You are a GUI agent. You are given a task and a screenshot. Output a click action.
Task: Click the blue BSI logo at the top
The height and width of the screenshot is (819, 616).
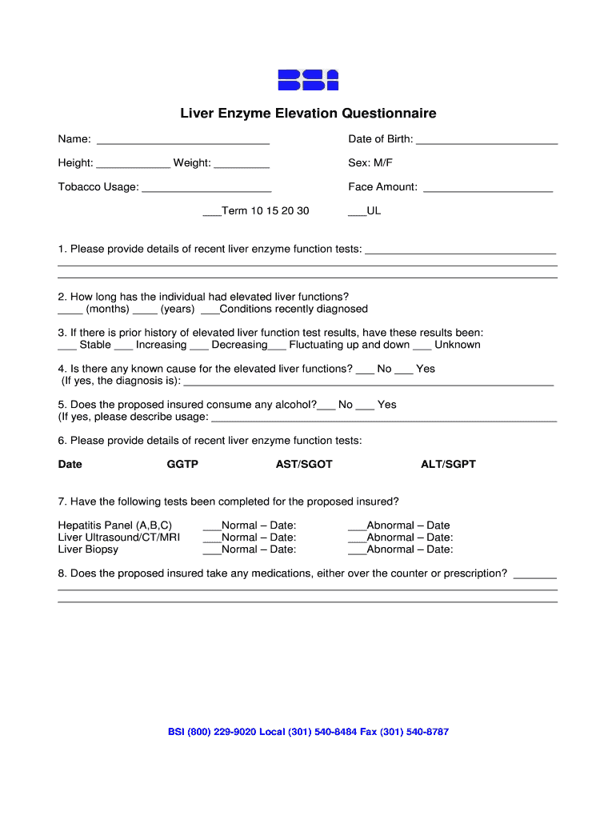308,80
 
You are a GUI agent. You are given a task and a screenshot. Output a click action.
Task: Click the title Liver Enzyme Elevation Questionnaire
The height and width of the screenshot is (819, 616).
308,114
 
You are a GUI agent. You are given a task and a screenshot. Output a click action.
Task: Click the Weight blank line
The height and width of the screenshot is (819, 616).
242,166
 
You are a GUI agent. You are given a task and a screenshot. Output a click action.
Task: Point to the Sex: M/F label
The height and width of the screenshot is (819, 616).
370,163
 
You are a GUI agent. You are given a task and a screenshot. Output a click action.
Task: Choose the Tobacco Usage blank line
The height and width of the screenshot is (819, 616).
206,190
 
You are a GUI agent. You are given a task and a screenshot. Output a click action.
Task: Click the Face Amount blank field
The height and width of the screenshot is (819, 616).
487,190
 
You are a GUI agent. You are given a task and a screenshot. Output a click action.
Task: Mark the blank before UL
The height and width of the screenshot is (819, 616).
357,214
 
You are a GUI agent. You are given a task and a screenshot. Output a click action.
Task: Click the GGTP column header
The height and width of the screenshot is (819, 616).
182,465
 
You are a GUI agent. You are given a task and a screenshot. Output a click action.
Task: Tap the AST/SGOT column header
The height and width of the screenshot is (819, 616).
304,465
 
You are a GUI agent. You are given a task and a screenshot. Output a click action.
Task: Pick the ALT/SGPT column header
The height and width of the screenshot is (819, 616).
448,465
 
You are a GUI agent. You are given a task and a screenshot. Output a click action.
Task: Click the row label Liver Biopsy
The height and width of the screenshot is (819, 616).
88,549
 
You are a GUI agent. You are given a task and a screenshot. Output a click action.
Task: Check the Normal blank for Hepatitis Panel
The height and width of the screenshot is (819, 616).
212,529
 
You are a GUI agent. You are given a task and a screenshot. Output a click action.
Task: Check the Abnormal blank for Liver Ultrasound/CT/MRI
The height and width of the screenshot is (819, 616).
357,541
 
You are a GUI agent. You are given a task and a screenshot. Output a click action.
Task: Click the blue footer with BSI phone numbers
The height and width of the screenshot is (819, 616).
308,732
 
